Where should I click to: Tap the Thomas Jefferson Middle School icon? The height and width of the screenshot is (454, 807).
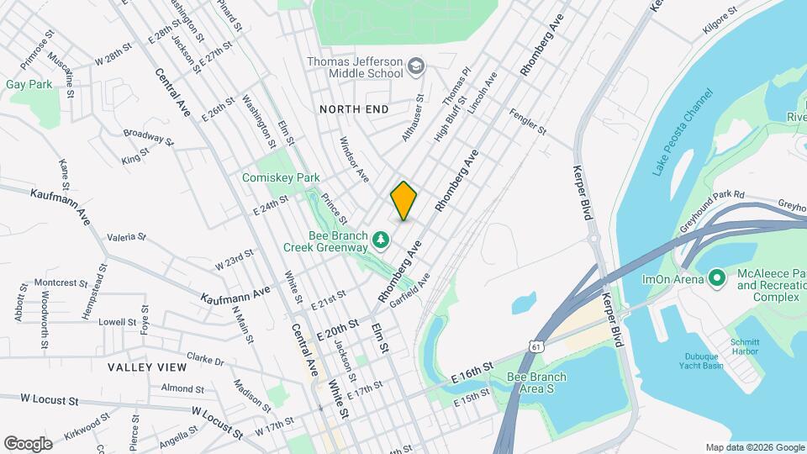(x=415, y=66)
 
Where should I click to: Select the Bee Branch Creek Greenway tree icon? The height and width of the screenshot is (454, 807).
(x=382, y=241)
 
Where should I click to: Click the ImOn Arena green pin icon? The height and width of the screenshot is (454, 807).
(x=717, y=277)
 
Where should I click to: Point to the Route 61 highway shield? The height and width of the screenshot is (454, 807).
(x=537, y=346)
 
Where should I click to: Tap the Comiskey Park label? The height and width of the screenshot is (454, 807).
(x=282, y=177)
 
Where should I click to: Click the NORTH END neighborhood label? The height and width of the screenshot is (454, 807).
(x=354, y=109)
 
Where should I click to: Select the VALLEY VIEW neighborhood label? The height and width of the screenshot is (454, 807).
(x=147, y=367)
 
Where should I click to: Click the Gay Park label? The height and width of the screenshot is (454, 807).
(x=29, y=84)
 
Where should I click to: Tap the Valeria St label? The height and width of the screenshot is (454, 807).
(x=126, y=237)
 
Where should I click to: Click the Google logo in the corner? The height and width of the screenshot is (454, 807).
(x=28, y=443)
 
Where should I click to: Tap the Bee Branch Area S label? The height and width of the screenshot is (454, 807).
(x=537, y=383)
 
